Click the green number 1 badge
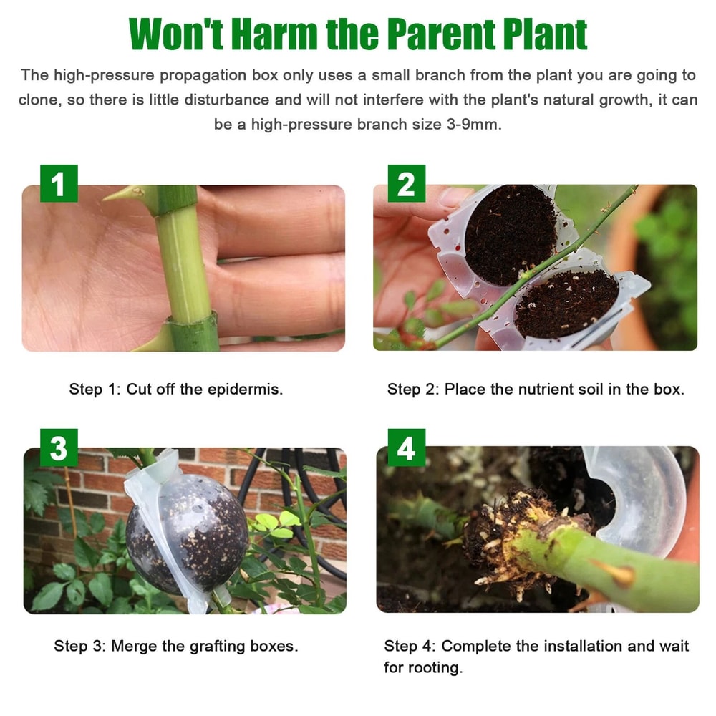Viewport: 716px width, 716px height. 59,183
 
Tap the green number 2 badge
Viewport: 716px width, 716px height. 406,183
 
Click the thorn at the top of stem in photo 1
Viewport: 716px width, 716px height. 125,193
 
